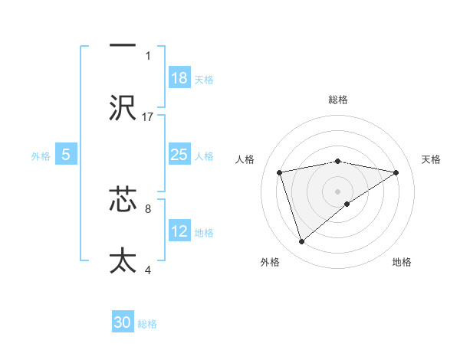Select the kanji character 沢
pos(123,107)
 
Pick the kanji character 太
pos(123,260)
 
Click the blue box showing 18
pos(179,78)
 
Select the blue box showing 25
pos(179,155)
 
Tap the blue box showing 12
pos(179,231)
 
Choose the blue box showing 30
pos(123,322)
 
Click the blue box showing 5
pos(66,155)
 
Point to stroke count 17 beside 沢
pos(149,116)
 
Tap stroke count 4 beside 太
pos(148,269)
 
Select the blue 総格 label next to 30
pos(148,324)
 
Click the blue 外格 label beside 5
pos(41,156)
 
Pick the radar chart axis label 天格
pos(432,159)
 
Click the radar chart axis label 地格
pos(402,262)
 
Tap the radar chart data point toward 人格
pos(280,172)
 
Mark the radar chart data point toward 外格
pos(301,242)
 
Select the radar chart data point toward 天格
pos(396,172)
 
